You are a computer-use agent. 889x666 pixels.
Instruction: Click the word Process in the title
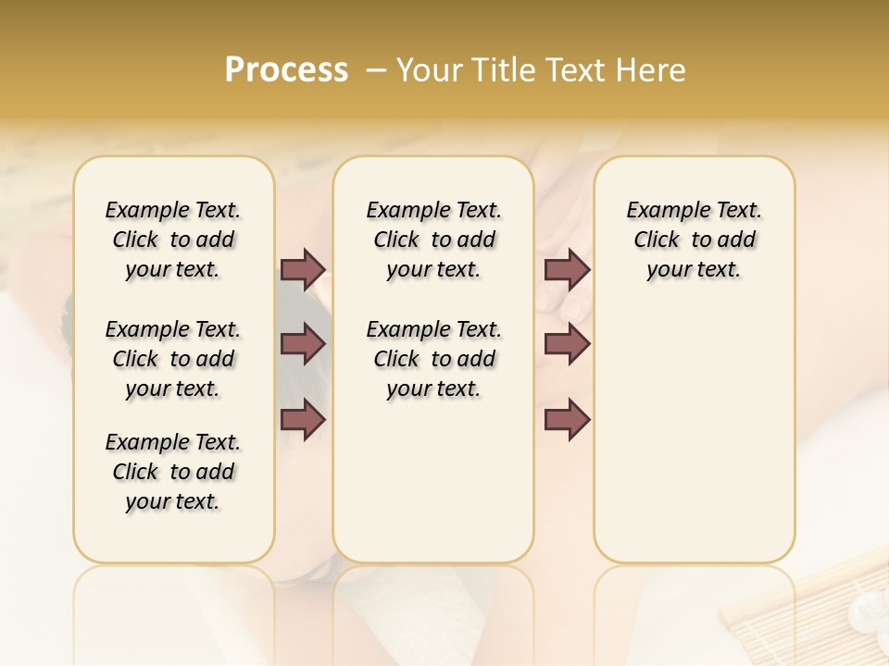point(286,69)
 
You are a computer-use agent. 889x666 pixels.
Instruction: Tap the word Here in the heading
point(653,70)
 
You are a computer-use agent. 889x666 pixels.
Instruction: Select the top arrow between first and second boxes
point(303,269)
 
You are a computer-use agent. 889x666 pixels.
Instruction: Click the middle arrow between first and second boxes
point(303,344)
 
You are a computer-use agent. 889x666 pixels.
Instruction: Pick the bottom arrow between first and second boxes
point(303,419)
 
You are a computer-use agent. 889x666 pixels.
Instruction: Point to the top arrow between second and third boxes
point(567,269)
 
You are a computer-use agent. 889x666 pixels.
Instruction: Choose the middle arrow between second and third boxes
point(567,344)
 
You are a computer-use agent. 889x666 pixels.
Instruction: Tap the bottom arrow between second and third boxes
point(567,419)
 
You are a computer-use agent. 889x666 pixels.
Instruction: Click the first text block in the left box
point(173,240)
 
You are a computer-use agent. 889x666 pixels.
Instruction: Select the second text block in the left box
point(173,359)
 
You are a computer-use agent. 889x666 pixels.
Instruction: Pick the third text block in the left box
point(173,472)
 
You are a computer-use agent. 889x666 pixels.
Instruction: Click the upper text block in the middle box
point(433,240)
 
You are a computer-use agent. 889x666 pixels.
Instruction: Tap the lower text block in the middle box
point(433,359)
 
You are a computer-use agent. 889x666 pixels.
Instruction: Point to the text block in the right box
point(694,240)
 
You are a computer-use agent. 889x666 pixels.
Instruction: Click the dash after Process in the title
point(374,70)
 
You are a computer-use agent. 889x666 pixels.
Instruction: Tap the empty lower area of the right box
point(694,435)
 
